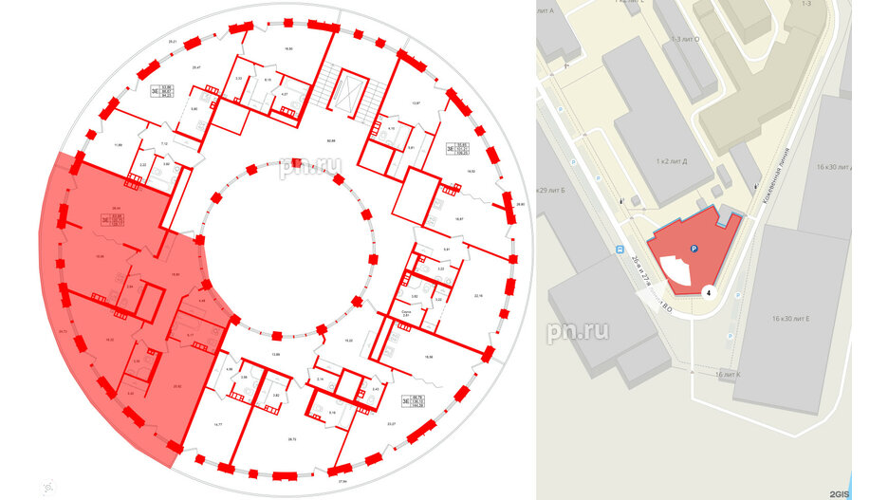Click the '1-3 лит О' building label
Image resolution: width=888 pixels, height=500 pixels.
[x=686, y=39]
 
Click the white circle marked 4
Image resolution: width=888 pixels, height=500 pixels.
[x=709, y=293]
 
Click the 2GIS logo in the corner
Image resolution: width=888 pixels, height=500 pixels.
[x=838, y=492]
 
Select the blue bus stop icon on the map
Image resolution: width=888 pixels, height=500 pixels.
[x=620, y=251]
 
